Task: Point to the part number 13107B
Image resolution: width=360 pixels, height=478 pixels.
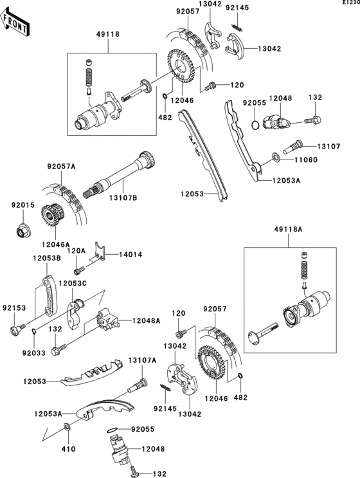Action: tap(124, 198)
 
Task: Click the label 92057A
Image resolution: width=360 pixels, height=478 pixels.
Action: tap(61, 167)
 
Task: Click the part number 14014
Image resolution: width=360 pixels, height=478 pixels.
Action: tap(128, 255)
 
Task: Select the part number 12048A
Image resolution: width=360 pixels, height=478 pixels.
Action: tap(147, 320)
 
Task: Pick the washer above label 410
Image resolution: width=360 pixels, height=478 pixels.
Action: tap(69, 427)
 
